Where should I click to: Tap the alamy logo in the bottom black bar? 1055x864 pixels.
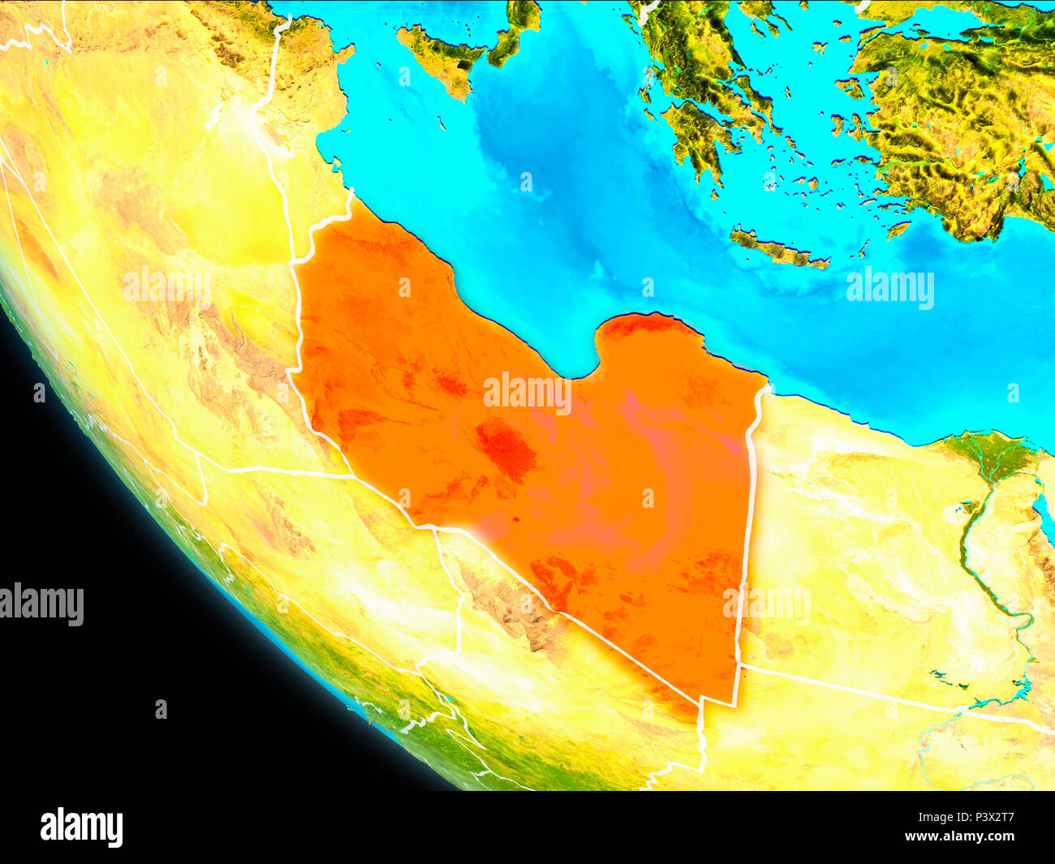81,827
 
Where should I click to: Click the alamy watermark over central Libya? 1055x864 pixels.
527,393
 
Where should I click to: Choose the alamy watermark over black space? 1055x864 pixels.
42,604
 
